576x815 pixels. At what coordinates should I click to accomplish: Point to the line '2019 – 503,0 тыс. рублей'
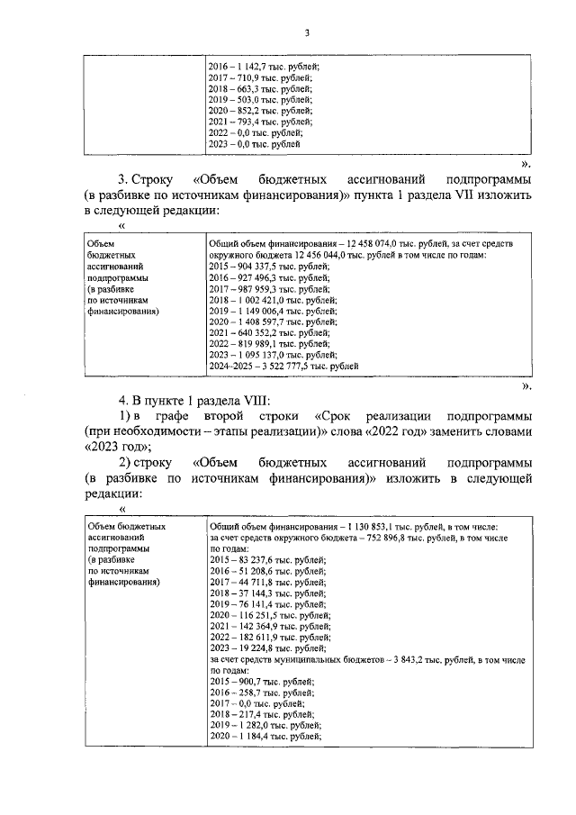260,100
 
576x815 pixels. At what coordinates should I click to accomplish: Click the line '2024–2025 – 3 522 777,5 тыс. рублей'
283,366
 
